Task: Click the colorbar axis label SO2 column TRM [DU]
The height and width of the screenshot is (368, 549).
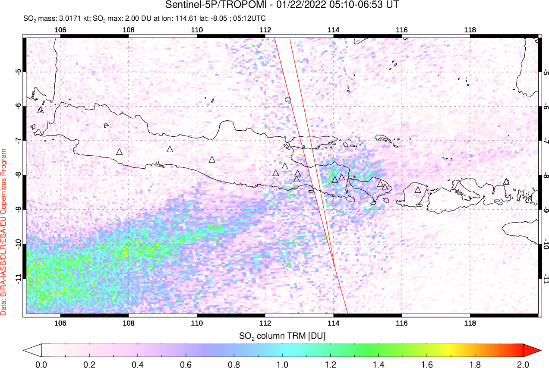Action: (x=282, y=335)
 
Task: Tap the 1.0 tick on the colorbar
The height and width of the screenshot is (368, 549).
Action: (x=282, y=364)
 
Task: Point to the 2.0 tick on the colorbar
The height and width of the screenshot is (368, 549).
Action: (x=523, y=364)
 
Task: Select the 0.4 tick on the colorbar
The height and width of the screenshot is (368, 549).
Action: (x=138, y=364)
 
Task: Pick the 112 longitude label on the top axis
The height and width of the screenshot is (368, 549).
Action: (x=265, y=29)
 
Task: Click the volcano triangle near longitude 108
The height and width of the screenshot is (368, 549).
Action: (x=120, y=152)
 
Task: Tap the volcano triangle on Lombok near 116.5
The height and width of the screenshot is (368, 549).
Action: (x=418, y=190)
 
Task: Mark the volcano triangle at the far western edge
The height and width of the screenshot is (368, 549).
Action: (x=41, y=110)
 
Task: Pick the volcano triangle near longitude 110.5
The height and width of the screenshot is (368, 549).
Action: (x=212, y=160)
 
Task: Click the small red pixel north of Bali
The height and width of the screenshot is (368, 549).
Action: (x=354, y=177)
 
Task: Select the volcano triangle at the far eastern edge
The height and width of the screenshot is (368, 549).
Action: (x=506, y=182)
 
